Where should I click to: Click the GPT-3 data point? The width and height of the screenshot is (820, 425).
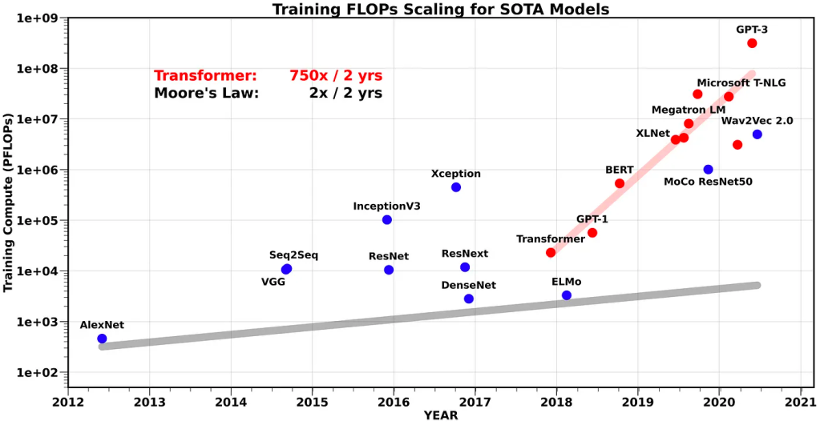point(752,43)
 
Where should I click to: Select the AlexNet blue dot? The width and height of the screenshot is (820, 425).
point(102,339)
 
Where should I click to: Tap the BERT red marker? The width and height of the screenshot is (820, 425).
point(620,183)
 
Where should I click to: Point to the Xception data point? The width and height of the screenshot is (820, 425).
point(456,187)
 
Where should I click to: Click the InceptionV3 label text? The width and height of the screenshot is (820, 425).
point(386,206)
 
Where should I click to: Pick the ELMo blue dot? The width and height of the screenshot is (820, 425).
point(567,295)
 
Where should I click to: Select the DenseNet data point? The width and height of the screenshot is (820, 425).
point(469,299)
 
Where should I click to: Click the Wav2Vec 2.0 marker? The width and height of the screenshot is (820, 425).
point(757,134)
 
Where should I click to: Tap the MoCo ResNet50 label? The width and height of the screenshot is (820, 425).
point(708,182)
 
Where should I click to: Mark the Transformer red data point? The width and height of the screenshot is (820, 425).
point(551,253)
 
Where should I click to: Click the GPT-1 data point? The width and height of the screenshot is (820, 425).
point(592,233)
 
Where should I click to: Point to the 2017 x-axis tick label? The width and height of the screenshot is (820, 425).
point(475,401)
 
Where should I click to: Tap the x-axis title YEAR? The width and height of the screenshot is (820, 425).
point(441,415)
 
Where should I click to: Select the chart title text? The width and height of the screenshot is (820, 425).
point(441,10)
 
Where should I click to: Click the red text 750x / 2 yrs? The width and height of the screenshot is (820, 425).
point(336,76)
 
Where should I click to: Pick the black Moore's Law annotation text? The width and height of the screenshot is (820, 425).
point(206,93)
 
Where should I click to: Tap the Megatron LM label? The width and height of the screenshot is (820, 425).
point(689,110)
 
